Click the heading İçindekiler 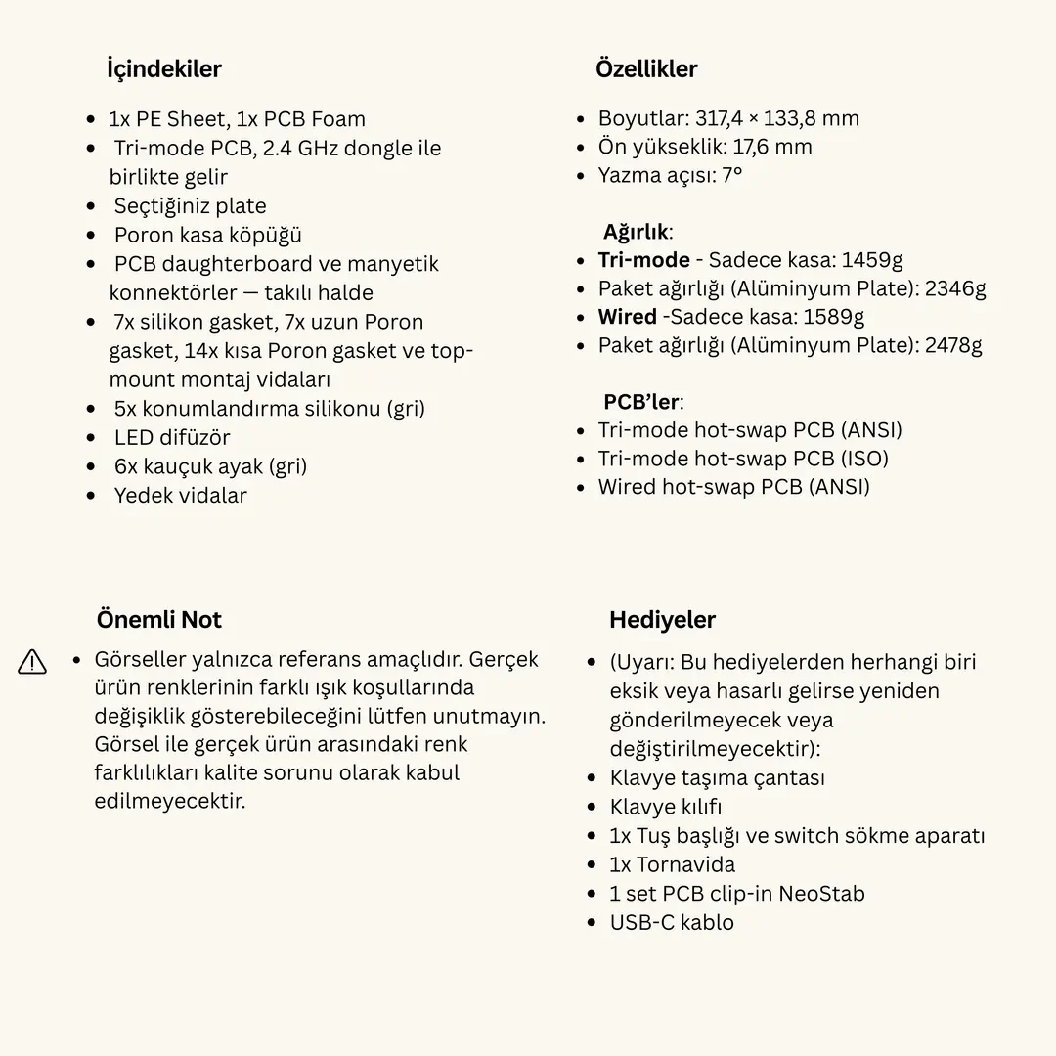pos(163,69)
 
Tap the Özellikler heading pos(646,69)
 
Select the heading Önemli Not pos(158,620)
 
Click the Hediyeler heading pos(662,620)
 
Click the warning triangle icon pos(32,662)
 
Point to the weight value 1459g pos(870,260)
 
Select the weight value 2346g pos(955,288)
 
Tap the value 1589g pos(833,317)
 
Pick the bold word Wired pos(627,317)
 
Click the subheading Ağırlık pos(636,233)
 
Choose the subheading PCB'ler pos(641,402)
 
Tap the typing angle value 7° pos(731,176)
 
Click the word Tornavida pos(685,865)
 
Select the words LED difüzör pos(172,438)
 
